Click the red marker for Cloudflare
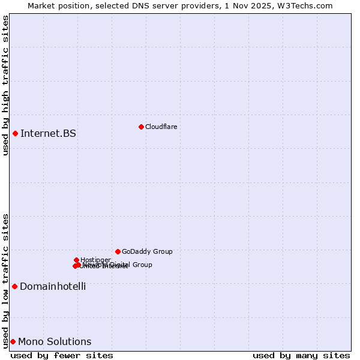pos(141,127)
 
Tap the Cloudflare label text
pos(161,127)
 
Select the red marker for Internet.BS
pos(15,133)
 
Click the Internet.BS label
pos(48,133)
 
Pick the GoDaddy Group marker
pos(118,251)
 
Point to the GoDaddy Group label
pos(147,251)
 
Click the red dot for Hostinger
pos(76,260)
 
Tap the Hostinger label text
pos(95,260)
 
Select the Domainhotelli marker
pos(14,286)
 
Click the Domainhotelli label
pos(53,286)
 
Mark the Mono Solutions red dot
pos(13,341)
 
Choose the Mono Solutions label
pos(55,341)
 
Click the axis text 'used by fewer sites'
pos(62,355)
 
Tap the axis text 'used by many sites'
pos(301,355)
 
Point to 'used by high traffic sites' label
pos(5,85)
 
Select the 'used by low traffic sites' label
pos(5,281)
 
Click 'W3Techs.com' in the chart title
pos(308,5)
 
